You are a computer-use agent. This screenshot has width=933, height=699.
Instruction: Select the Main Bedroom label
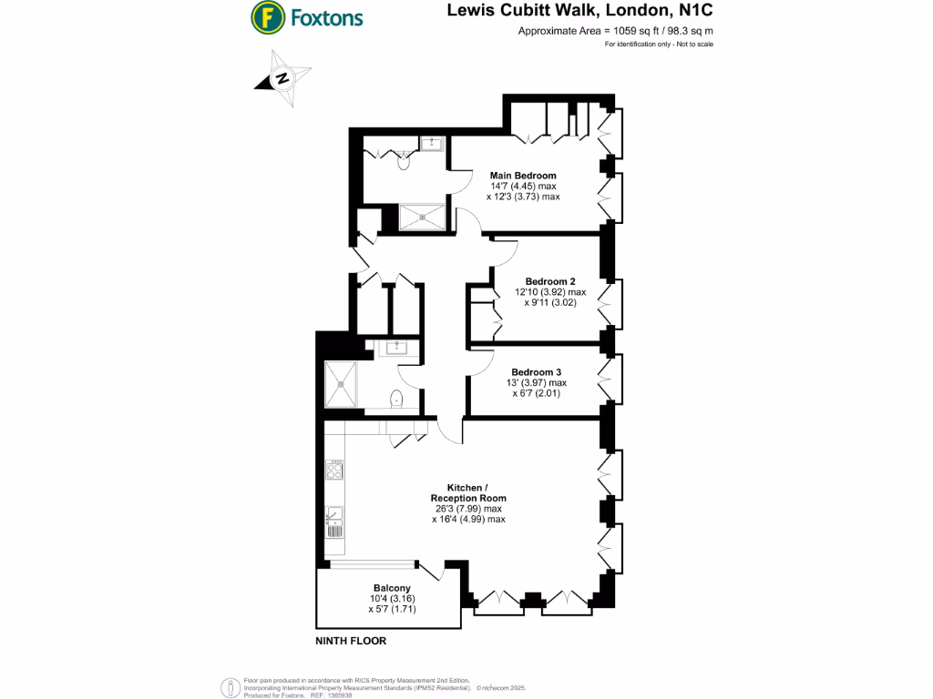pos(523,175)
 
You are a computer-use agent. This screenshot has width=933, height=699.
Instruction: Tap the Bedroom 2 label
pos(549,281)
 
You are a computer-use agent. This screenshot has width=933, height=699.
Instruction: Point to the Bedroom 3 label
pos(536,372)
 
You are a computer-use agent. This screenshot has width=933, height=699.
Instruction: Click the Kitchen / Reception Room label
pos(468,492)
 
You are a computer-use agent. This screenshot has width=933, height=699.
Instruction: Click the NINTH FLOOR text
pos(351,641)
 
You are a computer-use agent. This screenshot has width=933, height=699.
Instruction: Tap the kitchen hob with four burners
pos(334,469)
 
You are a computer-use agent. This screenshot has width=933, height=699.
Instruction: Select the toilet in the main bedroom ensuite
pos(405,162)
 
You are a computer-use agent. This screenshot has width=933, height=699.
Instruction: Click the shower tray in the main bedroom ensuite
pos(424,217)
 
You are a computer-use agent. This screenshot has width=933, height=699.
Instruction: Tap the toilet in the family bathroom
pos(396,400)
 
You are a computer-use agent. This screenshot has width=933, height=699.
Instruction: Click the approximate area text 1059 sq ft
pos(615,31)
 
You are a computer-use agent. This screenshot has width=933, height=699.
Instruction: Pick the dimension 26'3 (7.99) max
pos(468,509)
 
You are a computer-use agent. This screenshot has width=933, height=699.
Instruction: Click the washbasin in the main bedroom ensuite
pos(431,143)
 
